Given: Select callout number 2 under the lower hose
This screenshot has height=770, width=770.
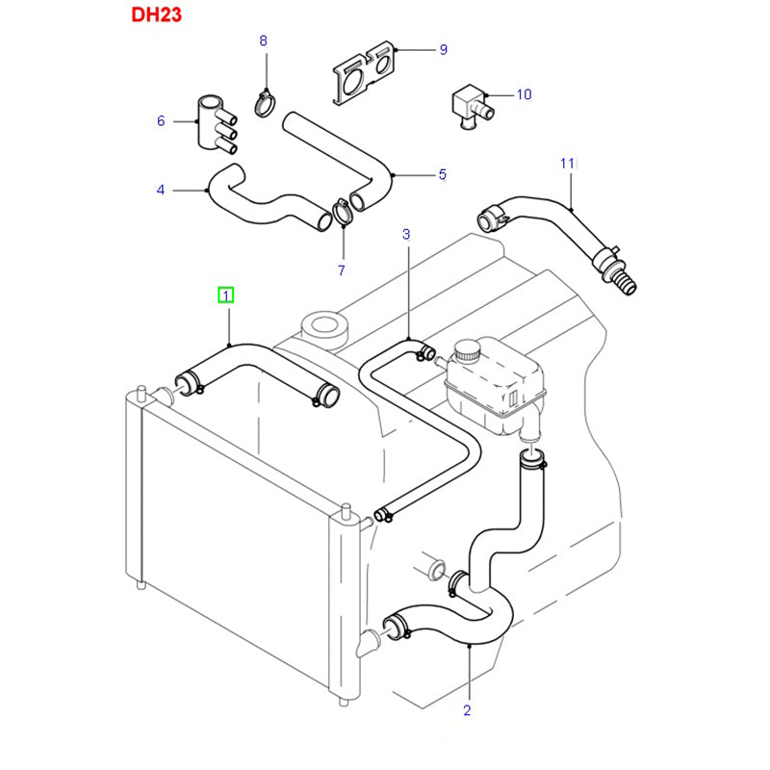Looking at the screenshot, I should pos(467,711).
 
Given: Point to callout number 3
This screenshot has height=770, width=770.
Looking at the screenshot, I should pos(406,234).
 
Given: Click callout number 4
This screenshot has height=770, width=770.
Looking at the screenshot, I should pos(161,190).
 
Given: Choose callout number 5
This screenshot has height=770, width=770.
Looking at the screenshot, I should pos(443,174).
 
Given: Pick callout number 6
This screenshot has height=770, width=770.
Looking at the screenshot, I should pos(161,120).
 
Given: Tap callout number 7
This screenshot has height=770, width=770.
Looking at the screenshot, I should pos(343,270).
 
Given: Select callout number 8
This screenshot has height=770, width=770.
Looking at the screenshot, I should pos(263,39).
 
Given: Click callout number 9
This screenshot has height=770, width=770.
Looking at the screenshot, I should pos(443,49).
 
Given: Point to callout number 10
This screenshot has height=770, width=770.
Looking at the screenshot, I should pos(524,94).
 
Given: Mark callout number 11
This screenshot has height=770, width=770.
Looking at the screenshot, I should pos(568,164).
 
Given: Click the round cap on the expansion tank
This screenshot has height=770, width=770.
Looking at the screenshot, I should pos(467,351).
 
